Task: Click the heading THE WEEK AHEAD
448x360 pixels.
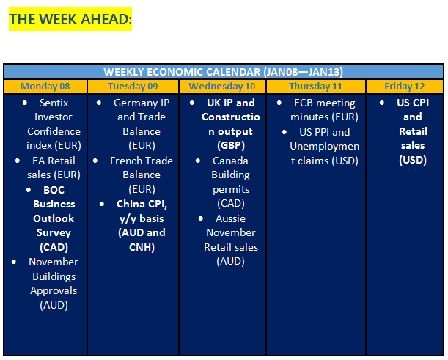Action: (70, 19)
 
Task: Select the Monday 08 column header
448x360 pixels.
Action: (45, 87)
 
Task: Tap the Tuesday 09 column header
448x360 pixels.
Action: (133, 87)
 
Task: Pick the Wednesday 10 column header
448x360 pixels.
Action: (222, 87)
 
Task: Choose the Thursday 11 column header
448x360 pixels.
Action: (316, 87)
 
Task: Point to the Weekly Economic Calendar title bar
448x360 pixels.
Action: (224, 72)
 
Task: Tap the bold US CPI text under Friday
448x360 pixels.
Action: (413, 103)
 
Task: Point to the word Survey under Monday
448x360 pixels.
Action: (54, 232)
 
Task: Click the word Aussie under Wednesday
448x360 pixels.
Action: (230, 218)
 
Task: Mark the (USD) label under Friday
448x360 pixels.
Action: (413, 161)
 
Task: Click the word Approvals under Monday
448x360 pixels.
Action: (54, 290)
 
